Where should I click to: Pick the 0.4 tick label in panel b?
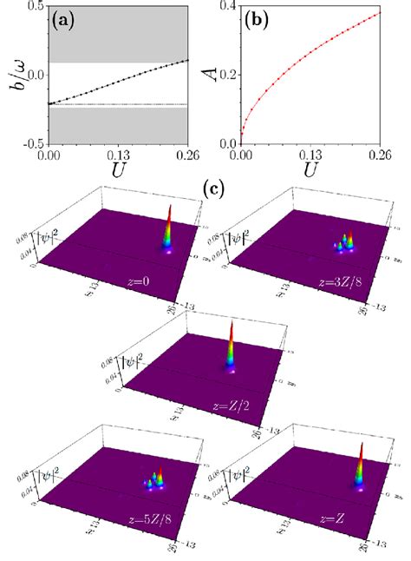pos(226,8)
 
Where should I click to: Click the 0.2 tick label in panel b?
pos(226,76)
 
